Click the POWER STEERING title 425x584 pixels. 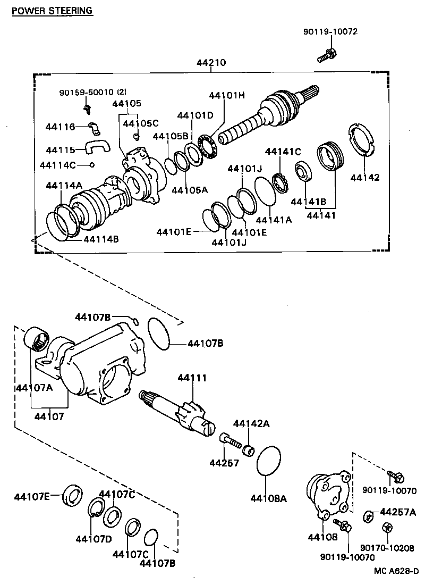pos(52,10)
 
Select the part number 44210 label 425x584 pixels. pos(211,62)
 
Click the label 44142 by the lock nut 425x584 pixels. pos(364,178)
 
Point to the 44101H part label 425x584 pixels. pos(226,95)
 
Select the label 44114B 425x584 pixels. pos(100,239)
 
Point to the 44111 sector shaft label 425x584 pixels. pos(192,378)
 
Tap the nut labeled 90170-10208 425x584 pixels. pos(387,528)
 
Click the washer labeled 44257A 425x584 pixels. pos(367,515)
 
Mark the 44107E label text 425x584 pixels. pos(32,497)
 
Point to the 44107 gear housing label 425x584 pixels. pos(49,416)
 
